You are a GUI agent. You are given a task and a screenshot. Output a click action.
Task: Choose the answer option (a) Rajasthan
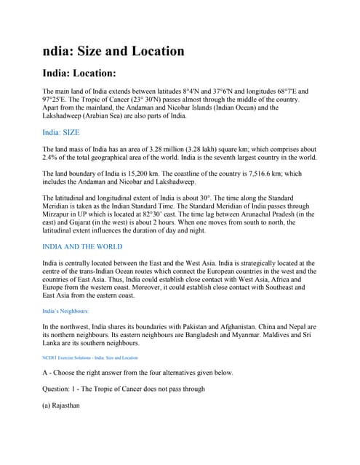(x=61, y=405)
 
